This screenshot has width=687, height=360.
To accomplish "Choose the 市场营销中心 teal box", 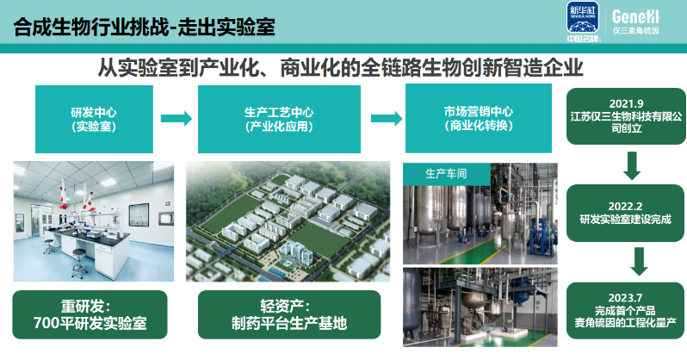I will [479, 119].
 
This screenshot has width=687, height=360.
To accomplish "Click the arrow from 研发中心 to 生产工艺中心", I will [176, 118].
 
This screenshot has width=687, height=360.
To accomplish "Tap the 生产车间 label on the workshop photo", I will [446, 172].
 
